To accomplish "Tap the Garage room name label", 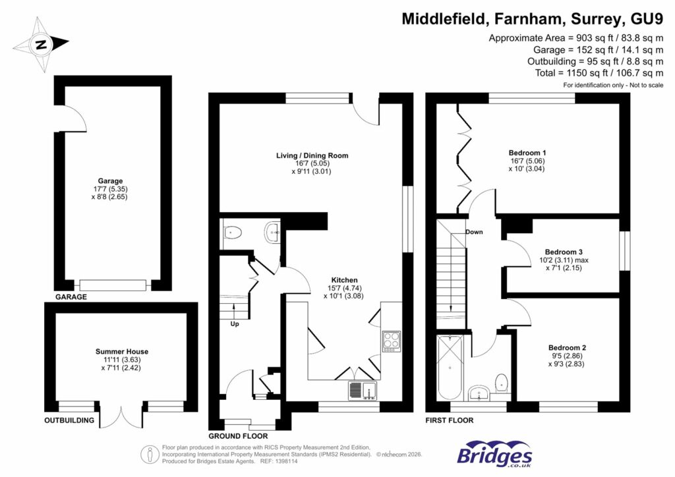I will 111,181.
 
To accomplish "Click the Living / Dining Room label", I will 312,155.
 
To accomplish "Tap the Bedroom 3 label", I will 564,252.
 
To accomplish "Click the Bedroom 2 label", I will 567,347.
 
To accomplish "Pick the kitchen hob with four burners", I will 390,341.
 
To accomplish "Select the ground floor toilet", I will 231,232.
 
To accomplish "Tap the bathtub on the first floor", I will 450,368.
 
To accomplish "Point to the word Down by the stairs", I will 474,232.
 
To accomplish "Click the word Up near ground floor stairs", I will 235,324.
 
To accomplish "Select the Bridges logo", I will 494,455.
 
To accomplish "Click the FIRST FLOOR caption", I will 450,420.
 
